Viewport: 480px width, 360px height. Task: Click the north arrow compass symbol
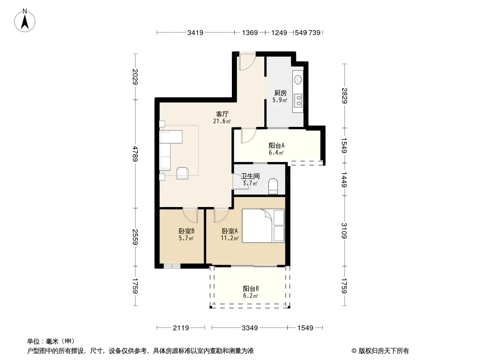tap(25, 21)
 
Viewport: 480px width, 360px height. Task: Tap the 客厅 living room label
tap(222, 114)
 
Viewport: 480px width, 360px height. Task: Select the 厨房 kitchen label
tap(280, 93)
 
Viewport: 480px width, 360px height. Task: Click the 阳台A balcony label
tap(276, 146)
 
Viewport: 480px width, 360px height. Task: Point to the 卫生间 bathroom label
tap(250, 176)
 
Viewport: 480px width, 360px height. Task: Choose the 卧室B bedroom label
tap(186, 231)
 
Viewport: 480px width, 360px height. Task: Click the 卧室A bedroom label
tap(230, 231)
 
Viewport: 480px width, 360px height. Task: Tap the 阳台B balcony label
tap(251, 288)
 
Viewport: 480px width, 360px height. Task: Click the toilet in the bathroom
tap(273, 187)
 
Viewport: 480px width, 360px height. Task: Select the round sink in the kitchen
tap(298, 80)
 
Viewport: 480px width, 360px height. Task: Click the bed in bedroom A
tap(263, 226)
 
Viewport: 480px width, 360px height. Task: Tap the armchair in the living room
tap(182, 173)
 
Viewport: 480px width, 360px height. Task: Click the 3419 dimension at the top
tap(195, 32)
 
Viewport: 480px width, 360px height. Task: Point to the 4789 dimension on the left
tap(135, 154)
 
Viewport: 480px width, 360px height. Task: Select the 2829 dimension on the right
tap(345, 96)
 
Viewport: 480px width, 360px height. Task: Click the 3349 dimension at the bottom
tap(250, 328)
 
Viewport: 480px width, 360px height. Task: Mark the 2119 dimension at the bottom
tap(181, 328)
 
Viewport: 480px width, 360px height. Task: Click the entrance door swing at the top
tap(247, 63)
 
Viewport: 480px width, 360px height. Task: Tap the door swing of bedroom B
tap(190, 216)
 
